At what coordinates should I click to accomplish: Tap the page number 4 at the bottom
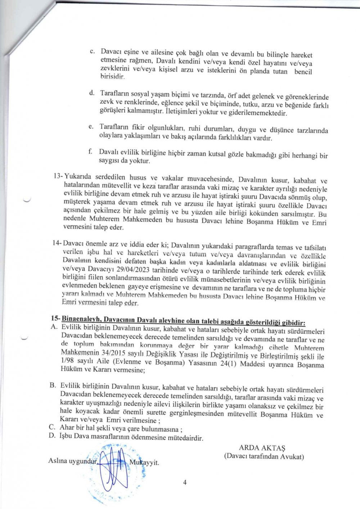185,483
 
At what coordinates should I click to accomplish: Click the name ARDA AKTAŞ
262,448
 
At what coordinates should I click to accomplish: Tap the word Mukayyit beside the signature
144,463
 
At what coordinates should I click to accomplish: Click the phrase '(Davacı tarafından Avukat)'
264,456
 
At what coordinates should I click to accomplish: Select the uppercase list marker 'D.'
52,436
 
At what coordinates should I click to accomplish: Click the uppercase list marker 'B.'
53,385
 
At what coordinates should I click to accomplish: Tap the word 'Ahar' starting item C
67,428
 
